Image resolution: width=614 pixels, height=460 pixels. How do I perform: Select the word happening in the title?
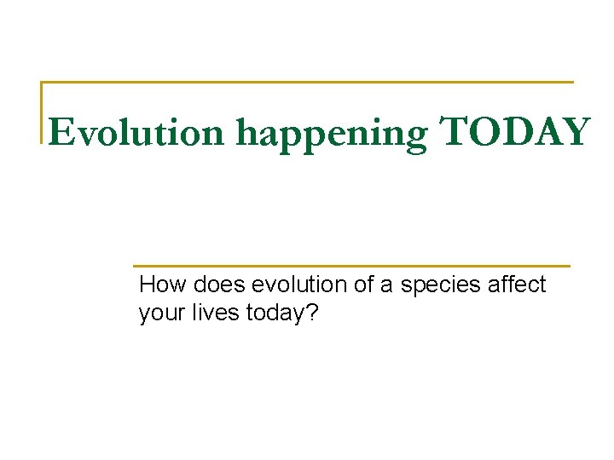pyautogui.click(x=333, y=135)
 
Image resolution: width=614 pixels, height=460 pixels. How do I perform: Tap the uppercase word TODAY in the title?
pyautogui.click(x=514, y=132)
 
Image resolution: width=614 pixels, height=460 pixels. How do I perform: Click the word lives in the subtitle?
pyautogui.click(x=215, y=313)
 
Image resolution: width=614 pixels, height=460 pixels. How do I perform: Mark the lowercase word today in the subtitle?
pyautogui.click(x=275, y=314)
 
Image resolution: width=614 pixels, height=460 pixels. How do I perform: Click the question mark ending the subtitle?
pyautogui.click(x=311, y=313)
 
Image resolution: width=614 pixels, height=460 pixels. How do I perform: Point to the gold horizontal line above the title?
pyautogui.click(x=307, y=83)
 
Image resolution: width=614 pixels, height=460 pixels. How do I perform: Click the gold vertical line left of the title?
pyautogui.click(x=42, y=111)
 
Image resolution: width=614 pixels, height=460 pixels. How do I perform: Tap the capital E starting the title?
pyautogui.click(x=60, y=133)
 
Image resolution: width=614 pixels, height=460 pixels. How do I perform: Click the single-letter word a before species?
pyautogui.click(x=386, y=286)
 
